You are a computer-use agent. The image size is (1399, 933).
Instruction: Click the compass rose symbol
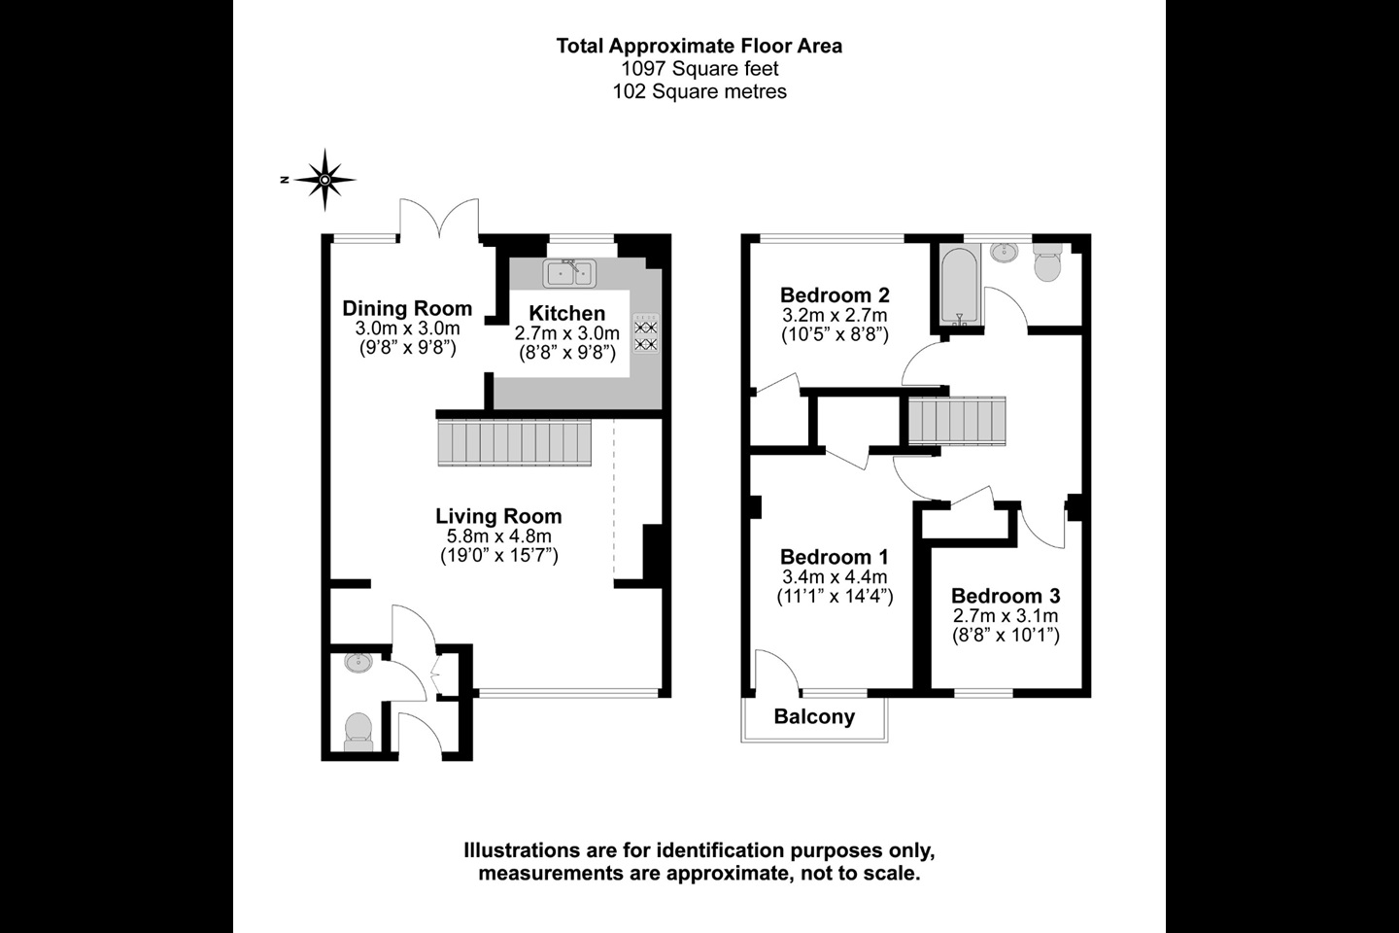[x=324, y=180]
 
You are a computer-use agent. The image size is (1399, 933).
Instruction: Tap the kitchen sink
[x=569, y=274]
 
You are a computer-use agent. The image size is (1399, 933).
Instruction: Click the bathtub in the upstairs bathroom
[x=960, y=287]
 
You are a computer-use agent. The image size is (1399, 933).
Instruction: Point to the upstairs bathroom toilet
[x=1047, y=262]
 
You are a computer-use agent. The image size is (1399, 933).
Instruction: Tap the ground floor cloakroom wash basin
[x=358, y=663]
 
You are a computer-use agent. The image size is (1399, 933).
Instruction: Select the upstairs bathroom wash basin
[x=1004, y=253]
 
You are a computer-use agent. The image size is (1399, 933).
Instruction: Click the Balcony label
[x=814, y=717]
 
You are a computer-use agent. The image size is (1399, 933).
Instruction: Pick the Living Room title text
[x=498, y=516]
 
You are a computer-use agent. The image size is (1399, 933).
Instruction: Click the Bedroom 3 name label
[x=1006, y=595]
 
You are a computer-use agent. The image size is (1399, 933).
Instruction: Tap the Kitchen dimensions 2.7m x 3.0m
[x=567, y=333]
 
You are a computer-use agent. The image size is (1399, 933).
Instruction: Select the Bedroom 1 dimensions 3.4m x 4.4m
[x=836, y=576]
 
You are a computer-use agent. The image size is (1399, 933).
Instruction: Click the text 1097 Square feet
[x=699, y=68]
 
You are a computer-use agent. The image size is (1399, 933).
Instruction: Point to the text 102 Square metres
[x=699, y=92]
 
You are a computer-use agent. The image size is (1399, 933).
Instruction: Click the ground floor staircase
[x=515, y=442]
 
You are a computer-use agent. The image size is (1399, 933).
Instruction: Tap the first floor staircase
[x=957, y=421]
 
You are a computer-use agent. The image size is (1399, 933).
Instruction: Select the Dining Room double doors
[x=440, y=218]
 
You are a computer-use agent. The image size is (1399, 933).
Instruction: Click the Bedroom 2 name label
[x=836, y=294]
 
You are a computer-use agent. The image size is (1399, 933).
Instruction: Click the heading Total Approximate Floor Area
[x=699, y=46]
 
